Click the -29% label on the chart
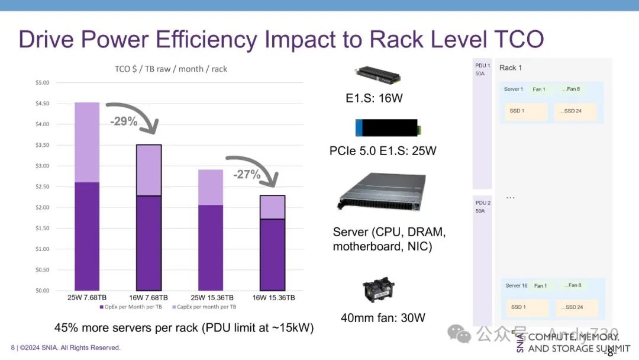coord(124,121)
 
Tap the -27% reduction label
coord(246,174)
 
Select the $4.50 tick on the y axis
coord(42,104)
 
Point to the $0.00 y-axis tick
coord(42,290)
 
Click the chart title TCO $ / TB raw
coord(171,69)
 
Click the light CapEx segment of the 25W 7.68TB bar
coord(87,142)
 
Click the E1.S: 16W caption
coord(374,98)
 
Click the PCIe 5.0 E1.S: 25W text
coord(383,150)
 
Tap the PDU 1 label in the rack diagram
coord(482,66)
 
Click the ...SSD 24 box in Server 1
coord(575,111)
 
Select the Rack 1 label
coord(511,67)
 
